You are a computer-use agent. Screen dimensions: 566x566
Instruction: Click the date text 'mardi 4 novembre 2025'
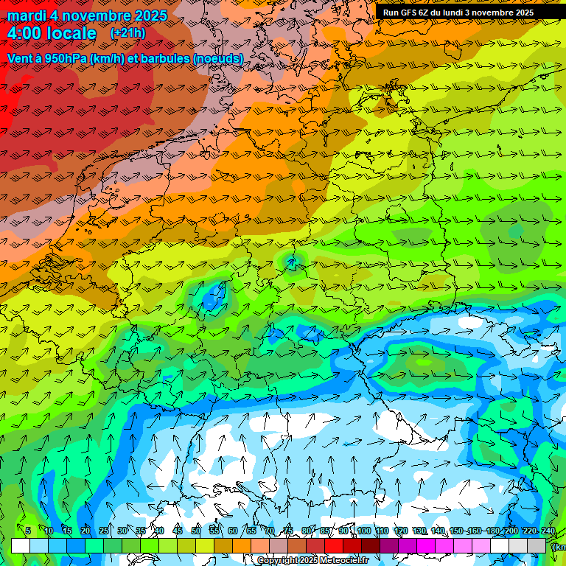pos(87,15)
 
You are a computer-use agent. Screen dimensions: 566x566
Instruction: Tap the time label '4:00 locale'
pos(52,33)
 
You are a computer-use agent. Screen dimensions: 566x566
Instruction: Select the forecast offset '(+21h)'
pos(127,33)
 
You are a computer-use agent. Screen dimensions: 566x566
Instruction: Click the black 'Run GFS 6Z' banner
pos(458,13)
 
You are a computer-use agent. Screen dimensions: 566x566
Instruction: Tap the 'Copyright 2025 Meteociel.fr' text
pos(312,561)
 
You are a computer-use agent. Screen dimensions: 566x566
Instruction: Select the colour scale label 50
pos(196,531)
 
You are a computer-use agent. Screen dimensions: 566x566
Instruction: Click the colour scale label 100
pos(363,531)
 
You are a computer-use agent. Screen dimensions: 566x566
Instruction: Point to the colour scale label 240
pos(548,531)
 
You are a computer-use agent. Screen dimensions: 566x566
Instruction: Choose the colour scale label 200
pos(511,531)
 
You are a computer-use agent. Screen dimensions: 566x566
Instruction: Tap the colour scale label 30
pos(122,531)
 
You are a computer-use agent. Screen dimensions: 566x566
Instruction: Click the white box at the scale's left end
pos(20,545)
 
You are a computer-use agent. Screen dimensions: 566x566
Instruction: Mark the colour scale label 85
pos(326,531)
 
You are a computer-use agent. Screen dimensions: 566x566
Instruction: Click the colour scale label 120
pos(401,531)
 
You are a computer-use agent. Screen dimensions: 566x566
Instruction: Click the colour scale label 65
pos(251,531)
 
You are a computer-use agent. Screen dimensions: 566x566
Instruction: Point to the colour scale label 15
pos(66,531)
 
